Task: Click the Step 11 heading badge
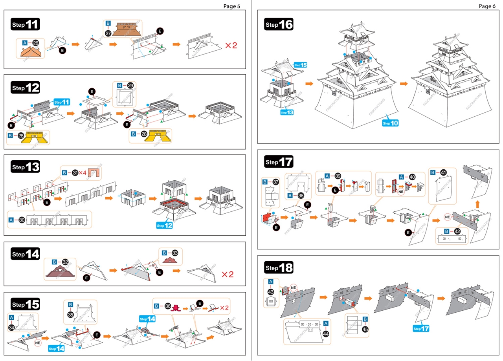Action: [x=25, y=24]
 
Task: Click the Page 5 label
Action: [x=231, y=6]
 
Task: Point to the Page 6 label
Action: [x=487, y=6]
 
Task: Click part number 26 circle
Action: [x=36, y=43]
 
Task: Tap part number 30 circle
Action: [x=22, y=220]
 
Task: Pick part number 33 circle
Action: [x=175, y=253]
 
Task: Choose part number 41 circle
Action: [x=443, y=172]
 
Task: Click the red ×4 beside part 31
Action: [x=82, y=172]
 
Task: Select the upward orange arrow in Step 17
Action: [x=477, y=205]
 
